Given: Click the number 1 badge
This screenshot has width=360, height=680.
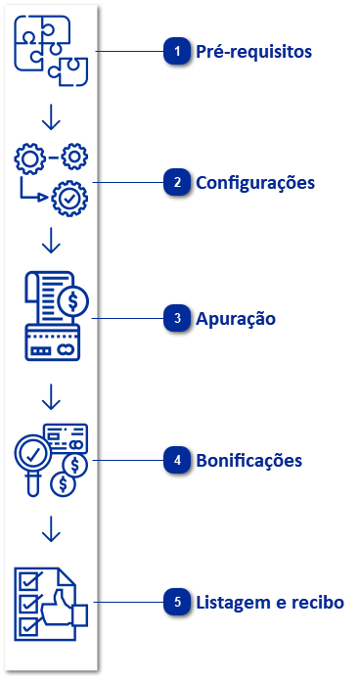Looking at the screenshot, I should (x=176, y=52).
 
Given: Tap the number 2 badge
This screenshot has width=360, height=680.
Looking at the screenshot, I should (x=176, y=183).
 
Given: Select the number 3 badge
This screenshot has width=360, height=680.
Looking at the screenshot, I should (x=176, y=319).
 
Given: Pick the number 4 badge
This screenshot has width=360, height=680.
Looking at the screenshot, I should (x=176, y=460).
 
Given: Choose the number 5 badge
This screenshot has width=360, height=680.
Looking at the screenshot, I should (x=176, y=603).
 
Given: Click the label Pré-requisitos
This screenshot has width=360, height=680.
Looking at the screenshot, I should (x=254, y=52).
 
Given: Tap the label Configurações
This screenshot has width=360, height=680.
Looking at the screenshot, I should (x=255, y=183).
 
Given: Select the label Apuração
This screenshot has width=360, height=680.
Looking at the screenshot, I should (x=236, y=319).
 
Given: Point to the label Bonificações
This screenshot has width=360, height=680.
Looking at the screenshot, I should (x=249, y=460).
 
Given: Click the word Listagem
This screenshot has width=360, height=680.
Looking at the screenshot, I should (x=232, y=603).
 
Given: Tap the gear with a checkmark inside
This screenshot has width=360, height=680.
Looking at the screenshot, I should (x=69, y=198).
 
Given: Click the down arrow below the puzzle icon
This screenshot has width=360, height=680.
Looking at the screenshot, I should (x=52, y=117).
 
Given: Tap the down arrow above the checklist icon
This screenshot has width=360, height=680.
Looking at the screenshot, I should (x=52, y=529).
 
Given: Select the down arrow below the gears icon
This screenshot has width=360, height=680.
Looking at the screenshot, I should (x=52, y=241).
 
